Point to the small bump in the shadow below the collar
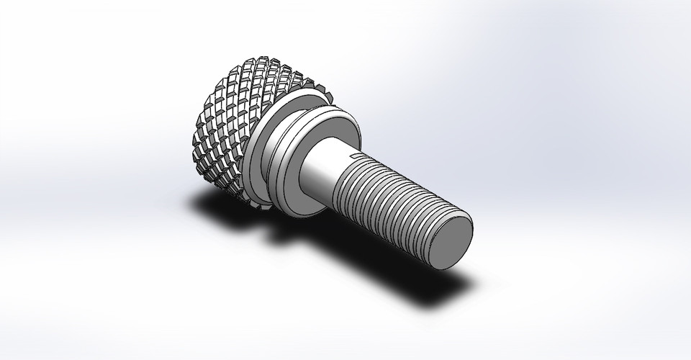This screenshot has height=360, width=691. coord(271,233)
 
